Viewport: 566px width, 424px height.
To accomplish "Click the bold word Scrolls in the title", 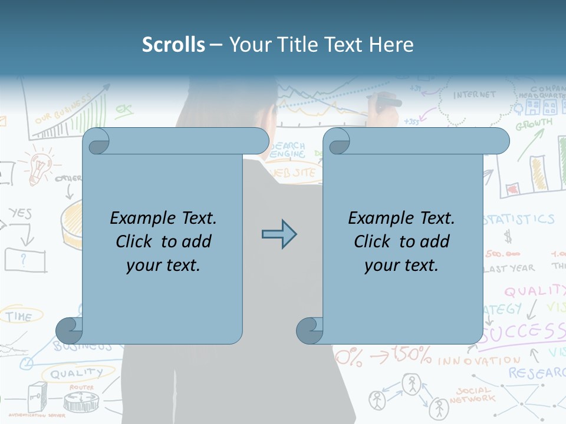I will tap(173, 44).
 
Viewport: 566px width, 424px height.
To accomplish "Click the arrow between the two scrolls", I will tap(279, 234).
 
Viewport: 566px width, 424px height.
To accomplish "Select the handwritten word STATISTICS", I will tap(519, 220).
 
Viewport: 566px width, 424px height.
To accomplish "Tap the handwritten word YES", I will tap(20, 214).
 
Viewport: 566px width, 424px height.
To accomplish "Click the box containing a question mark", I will tap(25, 259).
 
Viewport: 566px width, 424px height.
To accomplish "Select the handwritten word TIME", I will tap(19, 317).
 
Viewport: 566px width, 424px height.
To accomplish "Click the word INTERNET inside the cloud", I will tap(475, 94).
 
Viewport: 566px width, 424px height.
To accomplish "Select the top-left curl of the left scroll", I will tap(96, 141).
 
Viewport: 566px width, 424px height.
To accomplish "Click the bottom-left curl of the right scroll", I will tap(310, 330).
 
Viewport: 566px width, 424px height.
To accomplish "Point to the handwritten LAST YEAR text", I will tap(508, 268).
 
